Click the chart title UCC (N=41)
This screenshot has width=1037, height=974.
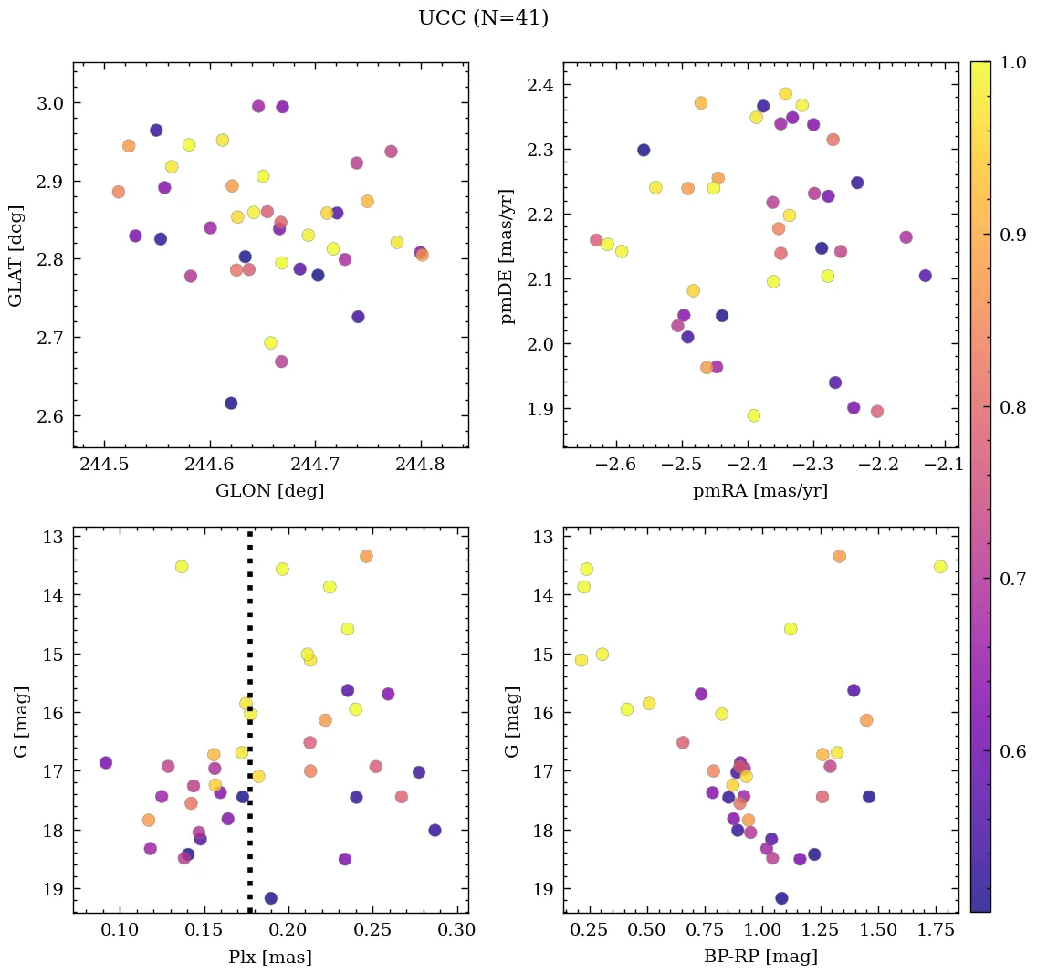483,18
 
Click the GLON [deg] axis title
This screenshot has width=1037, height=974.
269,491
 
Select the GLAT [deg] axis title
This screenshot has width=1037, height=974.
16,256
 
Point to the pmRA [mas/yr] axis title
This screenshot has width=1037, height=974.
759,491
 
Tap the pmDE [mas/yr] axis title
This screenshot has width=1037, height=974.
508,257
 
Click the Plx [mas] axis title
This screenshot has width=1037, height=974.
269,957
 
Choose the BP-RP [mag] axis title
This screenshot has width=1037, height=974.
759,957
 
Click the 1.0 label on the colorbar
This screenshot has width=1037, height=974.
1011,62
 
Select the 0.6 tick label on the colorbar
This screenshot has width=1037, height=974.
1011,750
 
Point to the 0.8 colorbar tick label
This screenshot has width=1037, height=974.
1011,406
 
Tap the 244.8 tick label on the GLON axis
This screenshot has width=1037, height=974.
420,466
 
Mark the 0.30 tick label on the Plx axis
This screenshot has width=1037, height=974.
458,931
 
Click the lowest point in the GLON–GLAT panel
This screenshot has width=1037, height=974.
231,403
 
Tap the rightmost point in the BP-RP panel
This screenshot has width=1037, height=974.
940,567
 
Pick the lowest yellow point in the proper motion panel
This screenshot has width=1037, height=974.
754,415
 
